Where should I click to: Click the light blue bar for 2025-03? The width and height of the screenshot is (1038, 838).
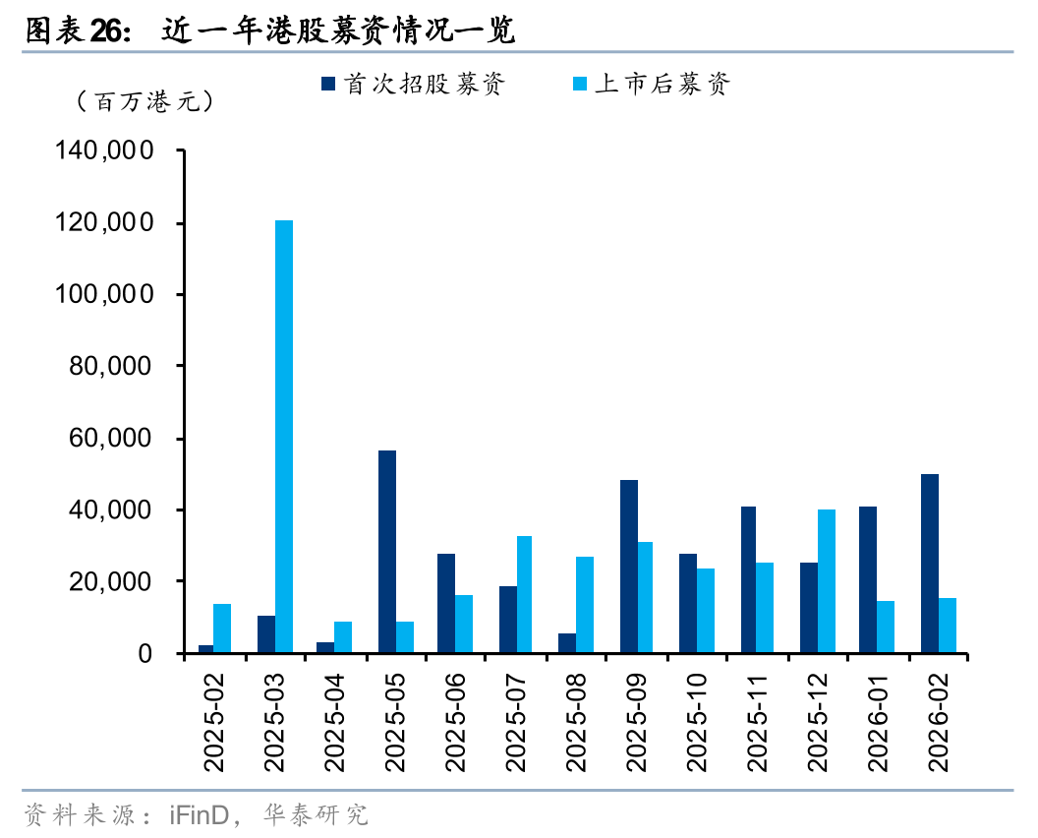284,436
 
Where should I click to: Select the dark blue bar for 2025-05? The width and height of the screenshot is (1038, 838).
387,552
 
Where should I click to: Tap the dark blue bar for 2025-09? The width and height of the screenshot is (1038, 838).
629,567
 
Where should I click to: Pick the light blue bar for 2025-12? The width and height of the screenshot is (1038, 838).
827,581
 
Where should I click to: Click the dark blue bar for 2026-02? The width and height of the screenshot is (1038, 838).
930,564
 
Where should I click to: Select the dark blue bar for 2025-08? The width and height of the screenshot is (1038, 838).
567,643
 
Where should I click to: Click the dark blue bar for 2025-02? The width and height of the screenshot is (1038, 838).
205,649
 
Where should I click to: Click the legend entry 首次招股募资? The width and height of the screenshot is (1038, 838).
413,85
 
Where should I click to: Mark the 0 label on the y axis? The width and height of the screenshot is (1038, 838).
146,654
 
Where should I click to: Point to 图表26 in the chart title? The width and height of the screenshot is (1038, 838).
77,30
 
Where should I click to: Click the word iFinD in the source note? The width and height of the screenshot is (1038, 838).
200,815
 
